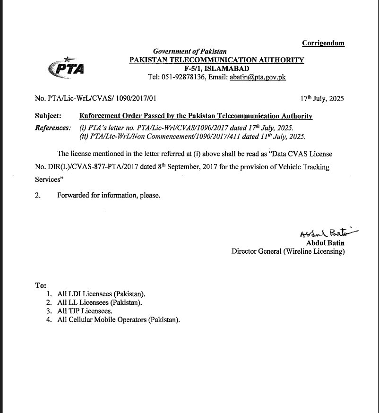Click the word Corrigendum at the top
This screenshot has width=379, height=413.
pyautogui.click(x=323, y=43)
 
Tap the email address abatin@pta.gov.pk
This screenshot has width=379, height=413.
pyautogui.click(x=258, y=77)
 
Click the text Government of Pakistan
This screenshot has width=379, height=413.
pyautogui.click(x=189, y=52)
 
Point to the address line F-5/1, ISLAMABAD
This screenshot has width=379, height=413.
pyautogui.click(x=216, y=69)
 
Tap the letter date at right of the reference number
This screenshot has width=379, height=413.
pyautogui.click(x=322, y=99)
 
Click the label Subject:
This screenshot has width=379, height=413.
pyautogui.click(x=48, y=116)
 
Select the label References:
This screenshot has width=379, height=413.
pyautogui.click(x=53, y=128)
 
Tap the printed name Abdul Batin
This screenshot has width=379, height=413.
pyautogui.click(x=325, y=243)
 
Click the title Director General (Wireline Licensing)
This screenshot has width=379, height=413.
pyautogui.click(x=288, y=251)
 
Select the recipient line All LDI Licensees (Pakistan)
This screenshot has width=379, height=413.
pyautogui.click(x=101, y=294)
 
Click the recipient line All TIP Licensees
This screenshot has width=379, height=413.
pyautogui.click(x=85, y=311)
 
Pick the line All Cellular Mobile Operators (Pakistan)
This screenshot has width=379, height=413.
pyautogui.click(x=119, y=319)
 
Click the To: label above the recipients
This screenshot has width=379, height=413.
pyautogui.click(x=41, y=285)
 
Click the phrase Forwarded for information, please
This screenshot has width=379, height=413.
pyautogui.click(x=109, y=195)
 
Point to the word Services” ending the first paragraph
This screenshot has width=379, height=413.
pyautogui.click(x=49, y=180)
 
